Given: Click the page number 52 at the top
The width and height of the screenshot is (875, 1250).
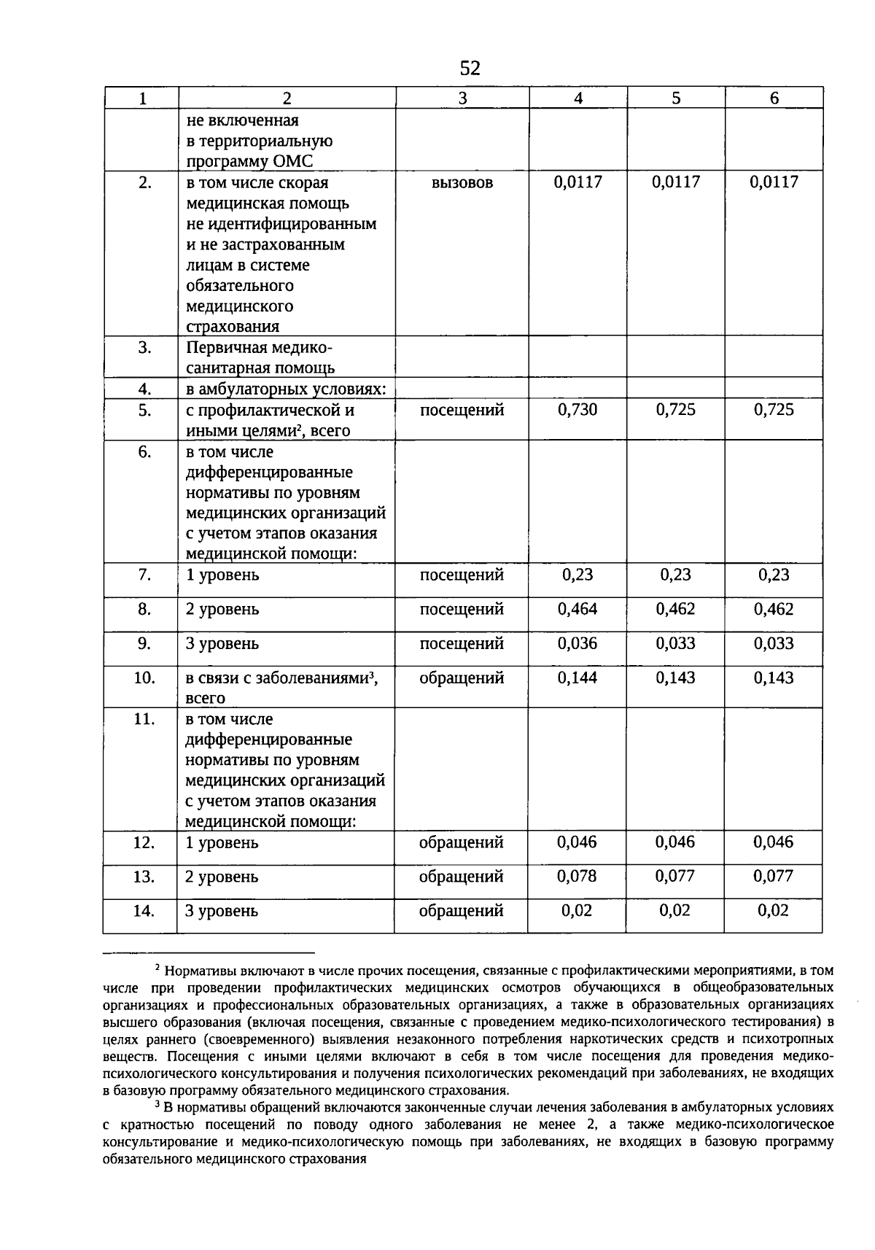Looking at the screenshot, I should point(470,69).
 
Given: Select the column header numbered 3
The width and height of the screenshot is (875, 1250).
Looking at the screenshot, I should point(462,98).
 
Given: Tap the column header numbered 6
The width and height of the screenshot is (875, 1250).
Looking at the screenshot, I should point(774,98).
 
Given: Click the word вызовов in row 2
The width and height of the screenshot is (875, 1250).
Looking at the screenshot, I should point(462,183).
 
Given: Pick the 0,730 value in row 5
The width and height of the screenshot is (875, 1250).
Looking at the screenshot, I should point(577,410).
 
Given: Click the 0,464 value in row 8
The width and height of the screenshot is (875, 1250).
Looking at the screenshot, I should point(577,609).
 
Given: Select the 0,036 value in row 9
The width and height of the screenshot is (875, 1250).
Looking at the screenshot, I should point(577,643).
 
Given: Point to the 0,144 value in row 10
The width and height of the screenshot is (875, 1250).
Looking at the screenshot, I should point(577,678).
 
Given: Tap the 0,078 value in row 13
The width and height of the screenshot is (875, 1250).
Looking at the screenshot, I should point(577,876).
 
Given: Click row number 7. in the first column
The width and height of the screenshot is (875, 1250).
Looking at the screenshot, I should point(144,575).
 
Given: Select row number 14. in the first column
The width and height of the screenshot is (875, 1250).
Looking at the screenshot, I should point(144,910).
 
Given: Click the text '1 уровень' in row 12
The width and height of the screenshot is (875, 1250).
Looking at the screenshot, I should point(222,842).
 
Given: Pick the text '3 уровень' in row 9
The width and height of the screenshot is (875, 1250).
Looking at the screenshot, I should point(222,644).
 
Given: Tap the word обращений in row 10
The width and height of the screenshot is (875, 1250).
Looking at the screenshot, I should point(462,678).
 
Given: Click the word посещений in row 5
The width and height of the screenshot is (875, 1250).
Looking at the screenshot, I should point(462,410).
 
